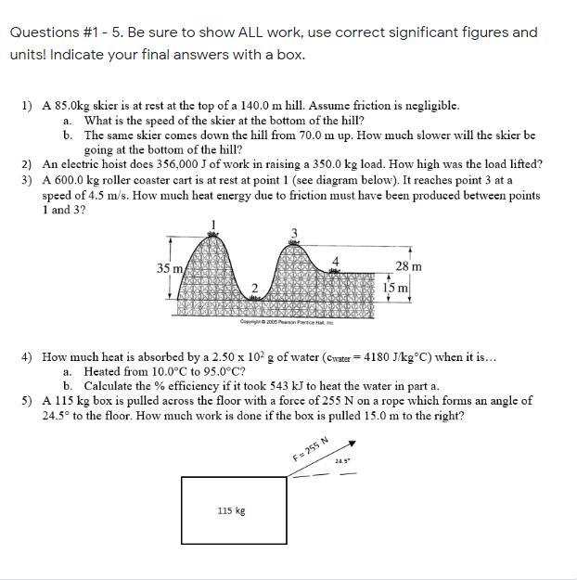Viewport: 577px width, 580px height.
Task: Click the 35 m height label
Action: pyautogui.click(x=169, y=268)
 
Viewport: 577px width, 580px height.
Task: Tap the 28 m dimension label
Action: pyautogui.click(x=408, y=267)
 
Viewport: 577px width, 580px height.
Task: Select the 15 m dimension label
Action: pyautogui.click(x=396, y=288)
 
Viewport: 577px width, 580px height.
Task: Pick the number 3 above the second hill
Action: pyautogui.click(x=295, y=232)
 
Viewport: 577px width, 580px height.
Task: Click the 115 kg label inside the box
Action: pyautogui.click(x=231, y=510)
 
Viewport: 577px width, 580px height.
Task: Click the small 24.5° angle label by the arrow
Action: pyautogui.click(x=341, y=460)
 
